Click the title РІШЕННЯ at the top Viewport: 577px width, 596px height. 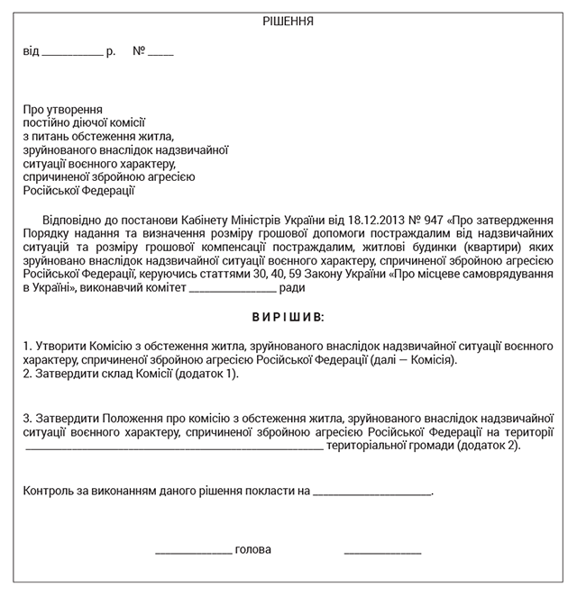[x=288, y=21]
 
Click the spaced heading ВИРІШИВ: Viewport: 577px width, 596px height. [x=289, y=318]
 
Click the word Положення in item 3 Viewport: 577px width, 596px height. [x=133, y=419]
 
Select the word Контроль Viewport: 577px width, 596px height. [x=50, y=492]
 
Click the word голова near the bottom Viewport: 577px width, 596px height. [x=252, y=550]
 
